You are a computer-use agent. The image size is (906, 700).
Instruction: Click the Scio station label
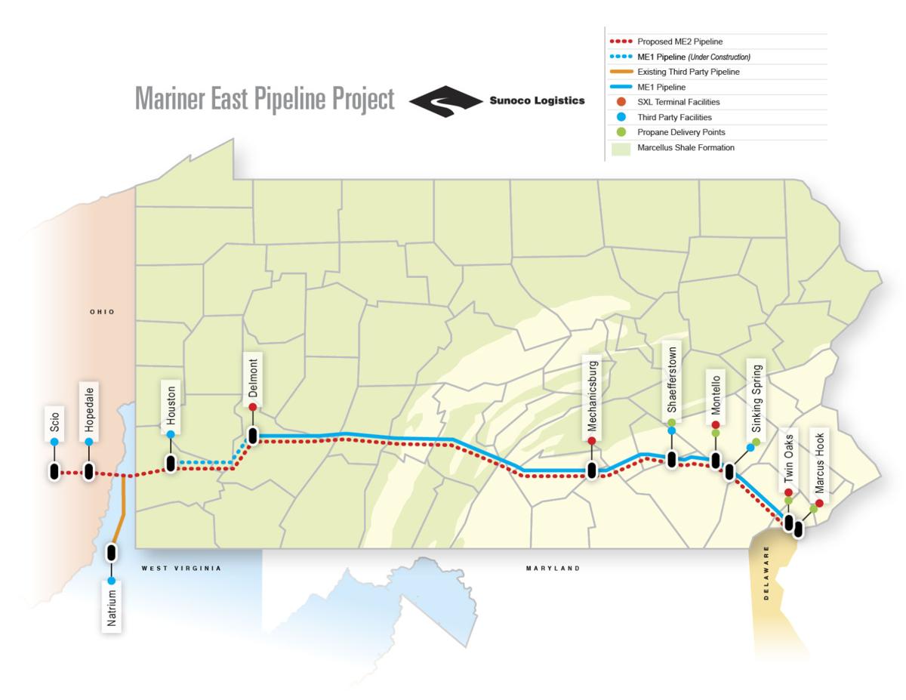pos(54,420)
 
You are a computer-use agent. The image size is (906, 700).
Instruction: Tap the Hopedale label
pos(89,406)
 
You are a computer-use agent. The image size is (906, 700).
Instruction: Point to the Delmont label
pos(253,378)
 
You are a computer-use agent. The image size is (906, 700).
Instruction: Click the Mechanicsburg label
pos(593,395)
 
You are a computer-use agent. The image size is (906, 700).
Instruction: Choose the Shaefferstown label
pos(671,380)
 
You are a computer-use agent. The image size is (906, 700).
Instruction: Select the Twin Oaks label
pos(788,458)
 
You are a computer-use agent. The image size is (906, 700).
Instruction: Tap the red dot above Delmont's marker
pos(253,407)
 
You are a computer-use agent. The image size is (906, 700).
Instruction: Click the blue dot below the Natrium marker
pos(112,581)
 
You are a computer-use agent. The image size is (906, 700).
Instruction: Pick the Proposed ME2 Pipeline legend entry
pos(679,42)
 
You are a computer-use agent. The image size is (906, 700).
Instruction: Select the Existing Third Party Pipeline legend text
pos(688,72)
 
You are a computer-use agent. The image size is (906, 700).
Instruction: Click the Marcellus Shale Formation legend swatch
pos(621,148)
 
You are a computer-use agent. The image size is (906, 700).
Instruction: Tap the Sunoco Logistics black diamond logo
pos(445,101)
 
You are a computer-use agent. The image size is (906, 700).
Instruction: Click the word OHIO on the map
pos(102,312)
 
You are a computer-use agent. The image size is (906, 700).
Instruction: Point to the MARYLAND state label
pos(553,568)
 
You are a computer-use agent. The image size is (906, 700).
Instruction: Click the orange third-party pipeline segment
pos(122,506)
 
